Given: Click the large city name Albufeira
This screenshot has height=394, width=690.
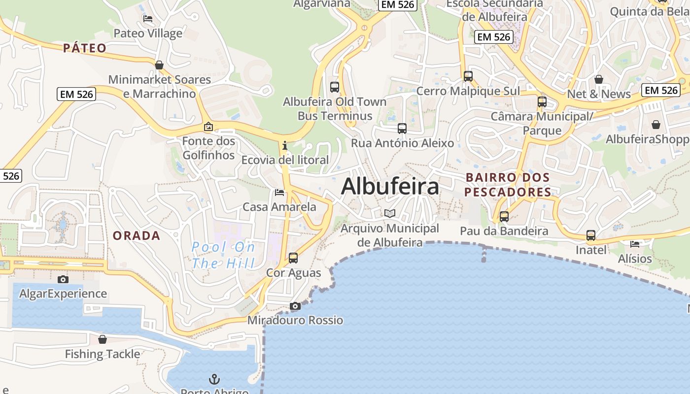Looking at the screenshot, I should [x=390, y=187].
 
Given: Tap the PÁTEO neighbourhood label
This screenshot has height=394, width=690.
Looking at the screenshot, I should [x=85, y=48].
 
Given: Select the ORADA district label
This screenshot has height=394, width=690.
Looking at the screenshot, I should [x=137, y=235].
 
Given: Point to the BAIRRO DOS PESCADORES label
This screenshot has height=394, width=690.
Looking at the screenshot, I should [x=508, y=184].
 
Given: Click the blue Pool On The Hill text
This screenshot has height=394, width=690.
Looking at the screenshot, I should [x=223, y=255].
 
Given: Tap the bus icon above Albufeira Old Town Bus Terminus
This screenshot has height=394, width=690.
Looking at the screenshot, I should [x=335, y=87].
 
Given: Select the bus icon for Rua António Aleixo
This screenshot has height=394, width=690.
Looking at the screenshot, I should [x=402, y=129].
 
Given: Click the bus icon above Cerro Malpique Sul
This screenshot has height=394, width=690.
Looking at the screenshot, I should [x=468, y=76].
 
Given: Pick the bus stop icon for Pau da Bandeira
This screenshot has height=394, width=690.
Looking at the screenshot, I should [x=504, y=216].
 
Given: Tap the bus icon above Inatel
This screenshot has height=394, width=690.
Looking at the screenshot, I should [x=591, y=235].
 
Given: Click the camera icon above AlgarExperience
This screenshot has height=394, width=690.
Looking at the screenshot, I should [x=63, y=279].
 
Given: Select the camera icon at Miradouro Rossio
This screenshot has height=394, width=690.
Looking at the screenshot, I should [x=295, y=306].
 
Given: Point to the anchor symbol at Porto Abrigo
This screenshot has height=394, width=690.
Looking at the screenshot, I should [x=214, y=379].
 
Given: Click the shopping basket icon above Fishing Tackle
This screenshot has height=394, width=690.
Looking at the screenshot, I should [x=103, y=339].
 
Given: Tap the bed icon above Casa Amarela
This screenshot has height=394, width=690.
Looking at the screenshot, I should [x=279, y=192].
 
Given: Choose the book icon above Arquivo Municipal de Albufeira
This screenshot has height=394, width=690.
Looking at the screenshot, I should [x=390, y=213].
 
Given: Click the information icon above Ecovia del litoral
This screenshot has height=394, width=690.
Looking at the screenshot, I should [x=285, y=145].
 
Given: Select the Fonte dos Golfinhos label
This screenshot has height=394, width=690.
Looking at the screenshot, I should [x=208, y=148].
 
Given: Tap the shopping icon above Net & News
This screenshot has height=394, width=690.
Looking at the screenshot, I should [x=599, y=79].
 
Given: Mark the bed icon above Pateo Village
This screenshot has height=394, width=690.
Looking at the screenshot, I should [x=148, y=19].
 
